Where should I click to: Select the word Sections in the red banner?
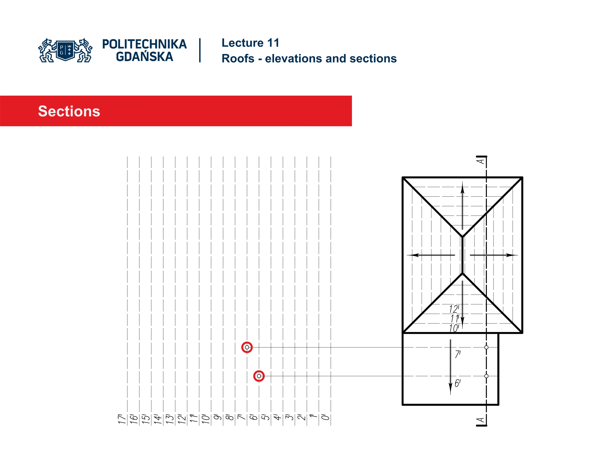tap(69, 111)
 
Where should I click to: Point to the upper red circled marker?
tap(247, 347)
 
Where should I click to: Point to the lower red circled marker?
tap(259, 376)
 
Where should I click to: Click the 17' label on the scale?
tap(122, 419)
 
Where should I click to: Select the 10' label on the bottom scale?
tap(206, 419)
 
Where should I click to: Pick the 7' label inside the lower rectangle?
tap(458, 354)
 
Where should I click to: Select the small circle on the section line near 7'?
tap(486, 347)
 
